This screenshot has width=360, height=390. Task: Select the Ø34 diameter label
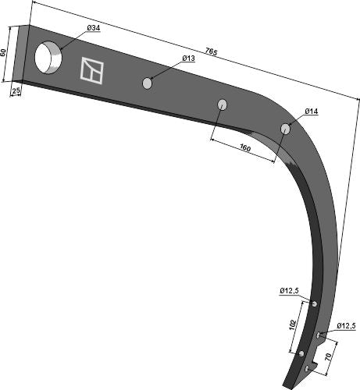click(x=93, y=28)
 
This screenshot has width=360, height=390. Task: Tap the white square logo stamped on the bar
click(x=91, y=71)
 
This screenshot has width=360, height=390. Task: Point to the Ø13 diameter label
click(x=188, y=58)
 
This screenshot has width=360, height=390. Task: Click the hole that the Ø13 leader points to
click(x=148, y=82)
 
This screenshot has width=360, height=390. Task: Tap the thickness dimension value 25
click(x=16, y=91)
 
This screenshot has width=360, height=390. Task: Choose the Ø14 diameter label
click(x=311, y=112)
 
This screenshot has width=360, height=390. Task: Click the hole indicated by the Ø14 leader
click(x=286, y=128)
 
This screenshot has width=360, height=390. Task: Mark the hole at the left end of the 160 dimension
click(x=223, y=104)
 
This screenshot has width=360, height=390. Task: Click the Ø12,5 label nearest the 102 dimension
click(x=288, y=291)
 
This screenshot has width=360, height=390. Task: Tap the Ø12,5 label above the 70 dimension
click(x=346, y=325)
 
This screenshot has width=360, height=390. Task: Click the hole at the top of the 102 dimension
click(x=314, y=303)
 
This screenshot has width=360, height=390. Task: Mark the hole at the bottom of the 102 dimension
click(x=301, y=354)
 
